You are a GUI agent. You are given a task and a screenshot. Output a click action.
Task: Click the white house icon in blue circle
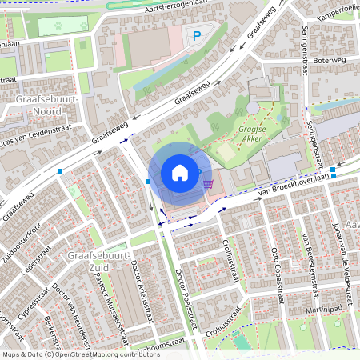(x=180, y=173)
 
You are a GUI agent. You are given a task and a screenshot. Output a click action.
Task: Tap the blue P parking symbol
(x=197, y=35)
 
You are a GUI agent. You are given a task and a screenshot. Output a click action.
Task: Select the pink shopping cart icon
(x=208, y=183)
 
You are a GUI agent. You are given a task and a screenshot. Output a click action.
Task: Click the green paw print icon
(x=62, y=25)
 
